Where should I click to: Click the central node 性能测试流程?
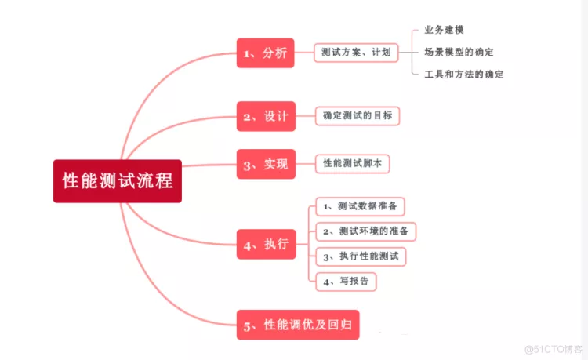tap(118, 181)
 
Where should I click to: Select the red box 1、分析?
tap(266, 53)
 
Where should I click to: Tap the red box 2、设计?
tap(267, 116)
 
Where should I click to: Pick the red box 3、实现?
tap(267, 164)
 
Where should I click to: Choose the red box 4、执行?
tap(267, 245)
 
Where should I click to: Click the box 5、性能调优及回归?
tap(298, 325)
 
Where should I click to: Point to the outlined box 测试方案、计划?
tap(356, 53)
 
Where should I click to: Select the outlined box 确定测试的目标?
tap(358, 116)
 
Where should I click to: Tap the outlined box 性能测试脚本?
tap(353, 164)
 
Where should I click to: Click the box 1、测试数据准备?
tap(360, 206)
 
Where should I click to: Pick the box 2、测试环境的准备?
tap(365, 231)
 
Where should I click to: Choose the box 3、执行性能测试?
tap(361, 256)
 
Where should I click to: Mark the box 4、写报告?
tap(346, 282)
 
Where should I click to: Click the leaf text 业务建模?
tap(444, 30)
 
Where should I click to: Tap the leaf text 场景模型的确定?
tap(459, 52)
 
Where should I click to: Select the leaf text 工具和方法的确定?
tap(464, 75)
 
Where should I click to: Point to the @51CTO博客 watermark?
tap(554, 350)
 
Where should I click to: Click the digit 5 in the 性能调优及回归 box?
tap(247, 326)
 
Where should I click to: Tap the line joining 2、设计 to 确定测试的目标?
tap(305, 116)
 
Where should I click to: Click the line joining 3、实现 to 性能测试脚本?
tap(305, 164)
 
